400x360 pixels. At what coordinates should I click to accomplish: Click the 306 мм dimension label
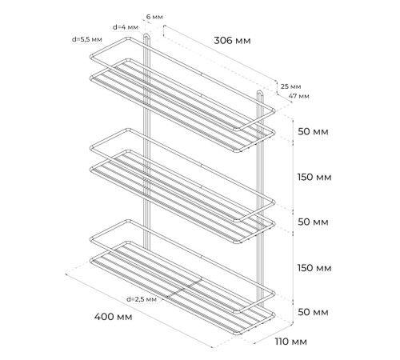click(x=232, y=41)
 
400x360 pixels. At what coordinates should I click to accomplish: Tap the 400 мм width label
click(x=114, y=317)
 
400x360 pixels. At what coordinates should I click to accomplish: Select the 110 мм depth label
click(x=291, y=342)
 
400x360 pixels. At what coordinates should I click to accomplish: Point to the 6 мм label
click(x=154, y=17)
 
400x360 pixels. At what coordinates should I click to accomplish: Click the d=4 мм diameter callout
click(x=126, y=27)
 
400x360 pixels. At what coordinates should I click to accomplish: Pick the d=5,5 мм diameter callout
click(x=87, y=39)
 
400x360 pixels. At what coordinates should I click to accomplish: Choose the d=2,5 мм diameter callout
click(x=142, y=299)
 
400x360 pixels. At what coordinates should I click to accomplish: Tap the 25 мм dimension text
click(x=290, y=86)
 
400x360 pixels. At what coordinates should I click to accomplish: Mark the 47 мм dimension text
click(x=298, y=96)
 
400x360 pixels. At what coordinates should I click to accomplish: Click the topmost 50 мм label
click(x=313, y=132)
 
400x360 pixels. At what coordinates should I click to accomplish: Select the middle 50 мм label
click(x=313, y=222)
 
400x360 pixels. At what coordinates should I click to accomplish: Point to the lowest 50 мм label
click(x=313, y=312)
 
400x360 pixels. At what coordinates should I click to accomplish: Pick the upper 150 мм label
click(x=314, y=177)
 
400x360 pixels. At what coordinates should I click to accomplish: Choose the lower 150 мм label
click(x=314, y=268)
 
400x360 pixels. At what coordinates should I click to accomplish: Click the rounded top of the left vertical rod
click(x=147, y=35)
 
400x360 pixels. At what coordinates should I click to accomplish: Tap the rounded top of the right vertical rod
click(x=260, y=92)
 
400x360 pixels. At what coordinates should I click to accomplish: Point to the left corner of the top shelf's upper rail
click(x=91, y=57)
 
